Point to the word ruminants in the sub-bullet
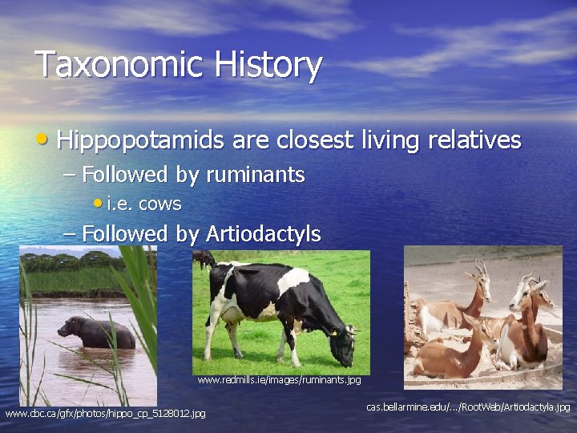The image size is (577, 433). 256,174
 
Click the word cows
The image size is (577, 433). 159,204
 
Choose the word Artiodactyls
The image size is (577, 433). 264,234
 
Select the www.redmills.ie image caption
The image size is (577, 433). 279,379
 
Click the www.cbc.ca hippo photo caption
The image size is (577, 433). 105,414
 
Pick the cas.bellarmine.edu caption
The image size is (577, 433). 468,407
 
